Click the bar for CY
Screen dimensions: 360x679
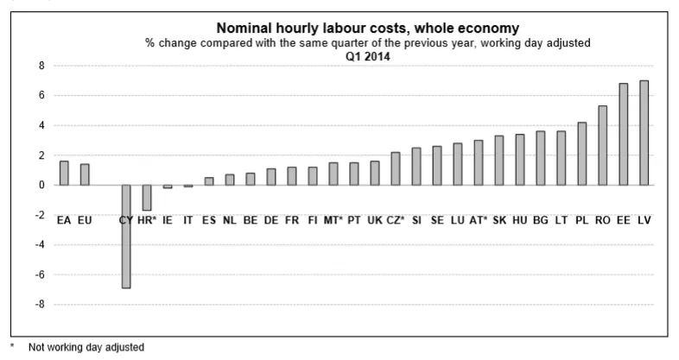click(x=125, y=237)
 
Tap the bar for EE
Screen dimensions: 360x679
click(x=623, y=135)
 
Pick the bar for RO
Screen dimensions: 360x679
click(x=602, y=146)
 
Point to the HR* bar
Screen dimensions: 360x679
click(x=146, y=198)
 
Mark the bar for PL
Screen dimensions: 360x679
click(x=581, y=154)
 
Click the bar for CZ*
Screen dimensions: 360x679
click(x=395, y=169)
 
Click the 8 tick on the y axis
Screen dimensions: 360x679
click(x=40, y=66)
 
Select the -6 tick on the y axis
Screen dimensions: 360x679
click(x=38, y=275)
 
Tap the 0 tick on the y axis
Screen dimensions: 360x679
click(x=40, y=185)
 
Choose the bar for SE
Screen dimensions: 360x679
click(x=436, y=166)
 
